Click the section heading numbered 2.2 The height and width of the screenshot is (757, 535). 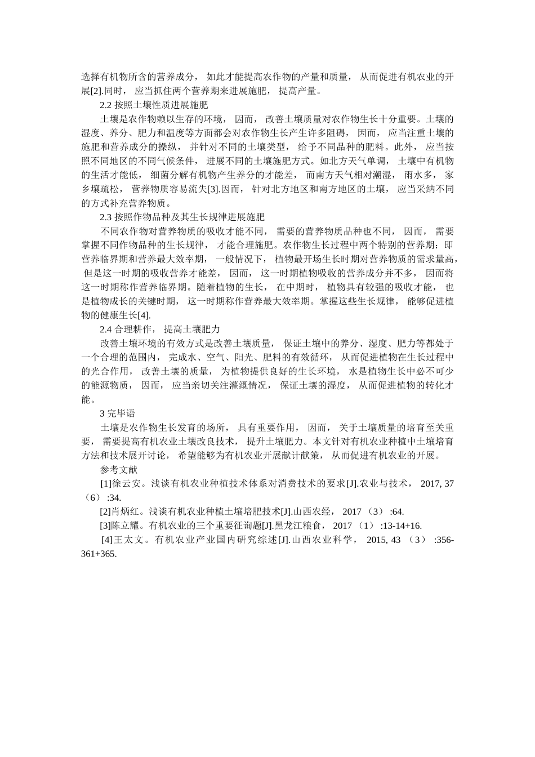pyautogui.click(x=154, y=105)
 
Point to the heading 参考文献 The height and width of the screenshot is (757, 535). pyautogui.click(x=118, y=469)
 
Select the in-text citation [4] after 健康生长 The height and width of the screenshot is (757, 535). pyautogui.click(x=144, y=315)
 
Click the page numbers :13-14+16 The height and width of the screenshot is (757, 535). pyautogui.click(x=400, y=526)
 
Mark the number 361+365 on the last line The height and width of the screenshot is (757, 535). pyautogui.click(x=99, y=554)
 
